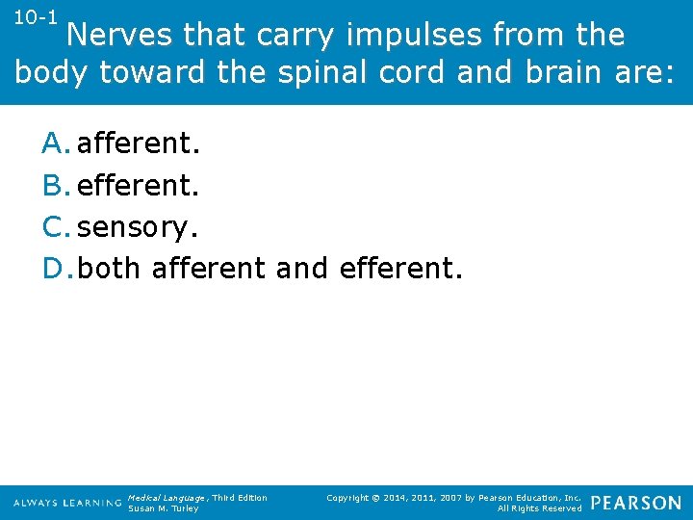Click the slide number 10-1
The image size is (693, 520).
(x=37, y=19)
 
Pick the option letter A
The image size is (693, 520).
(x=55, y=143)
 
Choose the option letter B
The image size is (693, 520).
(x=55, y=185)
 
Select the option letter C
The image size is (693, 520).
(x=55, y=226)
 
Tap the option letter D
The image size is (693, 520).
(x=56, y=268)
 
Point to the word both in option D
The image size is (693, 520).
(x=109, y=268)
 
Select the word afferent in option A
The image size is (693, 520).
(x=135, y=143)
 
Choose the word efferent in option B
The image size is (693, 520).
(x=135, y=185)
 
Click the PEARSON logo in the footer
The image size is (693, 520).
(x=635, y=503)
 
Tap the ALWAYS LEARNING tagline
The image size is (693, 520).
(x=67, y=504)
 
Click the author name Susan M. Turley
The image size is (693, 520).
(x=163, y=508)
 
